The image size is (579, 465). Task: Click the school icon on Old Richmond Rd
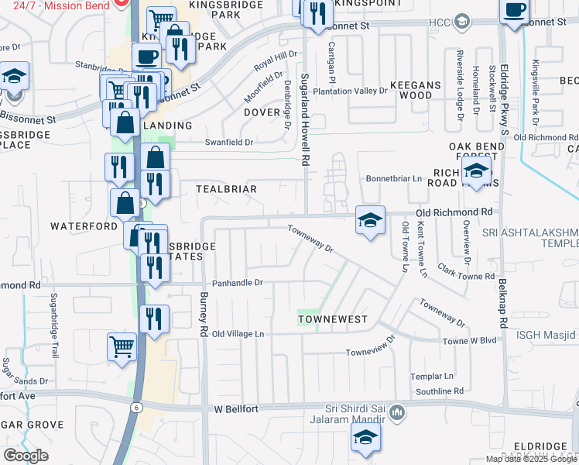point(370,220)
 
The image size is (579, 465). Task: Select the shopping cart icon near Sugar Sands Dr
point(122,346)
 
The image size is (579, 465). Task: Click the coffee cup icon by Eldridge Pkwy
point(515,11)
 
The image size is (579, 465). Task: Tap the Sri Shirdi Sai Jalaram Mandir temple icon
point(397,412)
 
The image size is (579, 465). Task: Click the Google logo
point(26,455)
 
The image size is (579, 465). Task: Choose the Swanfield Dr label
point(228,143)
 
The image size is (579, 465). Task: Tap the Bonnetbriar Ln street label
point(394,178)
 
